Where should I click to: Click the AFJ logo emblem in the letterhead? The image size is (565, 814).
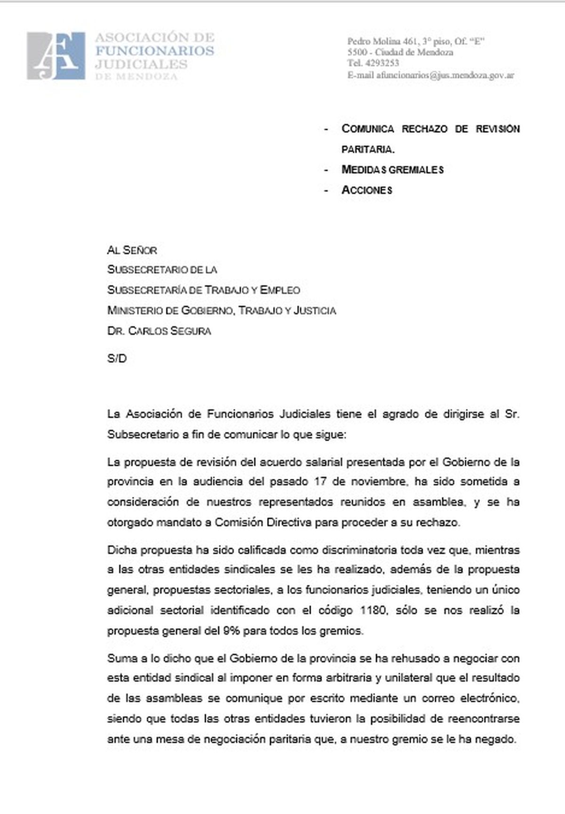coord(56,56)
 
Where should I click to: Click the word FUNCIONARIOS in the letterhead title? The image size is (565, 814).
coord(154,51)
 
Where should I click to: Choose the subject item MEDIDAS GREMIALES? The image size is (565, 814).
coord(392,169)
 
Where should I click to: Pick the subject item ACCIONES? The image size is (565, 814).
coord(367,190)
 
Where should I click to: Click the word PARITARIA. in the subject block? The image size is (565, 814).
coord(368,149)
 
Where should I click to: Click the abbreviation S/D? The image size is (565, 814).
coord(117,359)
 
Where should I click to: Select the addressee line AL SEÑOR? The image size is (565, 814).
coord(132,250)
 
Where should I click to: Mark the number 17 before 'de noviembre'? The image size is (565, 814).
coord(315,482)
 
